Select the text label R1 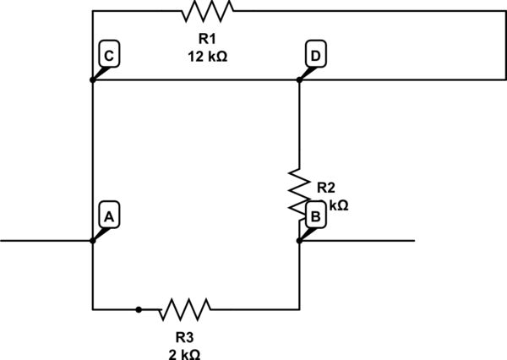(x=207, y=39)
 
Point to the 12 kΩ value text (x=207, y=57)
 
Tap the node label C (x=108, y=56)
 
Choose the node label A (x=108, y=216)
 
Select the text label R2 (x=326, y=188)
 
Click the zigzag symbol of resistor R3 (x=184, y=309)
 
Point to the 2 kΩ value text (x=184, y=353)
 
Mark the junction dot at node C (x=92, y=80)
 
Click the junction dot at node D (x=299, y=80)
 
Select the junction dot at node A (x=92, y=241)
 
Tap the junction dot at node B (x=299, y=241)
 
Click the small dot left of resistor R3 (x=139, y=309)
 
